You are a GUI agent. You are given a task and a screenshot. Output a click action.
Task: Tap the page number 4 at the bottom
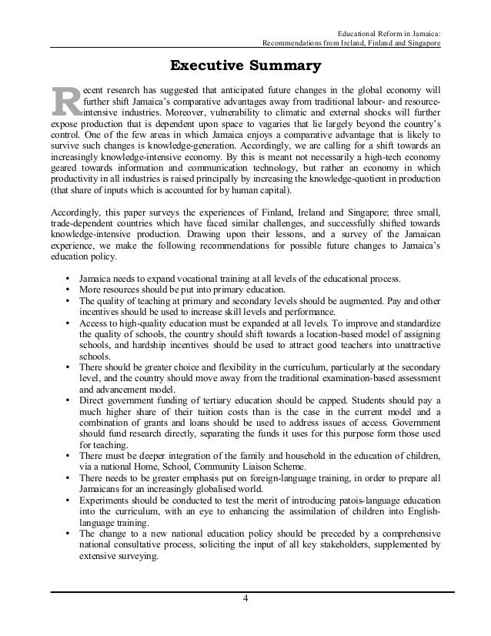coord(245,599)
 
